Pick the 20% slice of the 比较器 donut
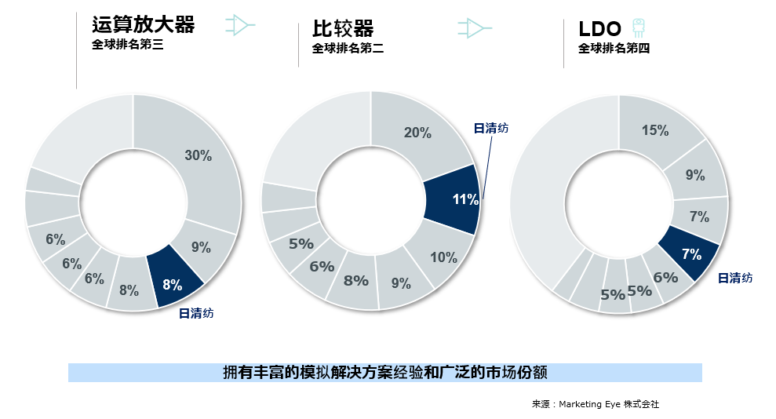417,132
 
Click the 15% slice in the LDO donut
656,131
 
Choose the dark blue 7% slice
691,253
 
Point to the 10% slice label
444,257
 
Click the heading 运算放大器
143,25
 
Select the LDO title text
600,30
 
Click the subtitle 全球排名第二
348,49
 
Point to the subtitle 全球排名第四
614,49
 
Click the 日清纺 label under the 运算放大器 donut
196,313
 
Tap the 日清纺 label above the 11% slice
491,128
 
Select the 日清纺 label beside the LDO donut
735,278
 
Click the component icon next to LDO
639,27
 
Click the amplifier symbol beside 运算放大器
239,26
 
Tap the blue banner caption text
384,372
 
